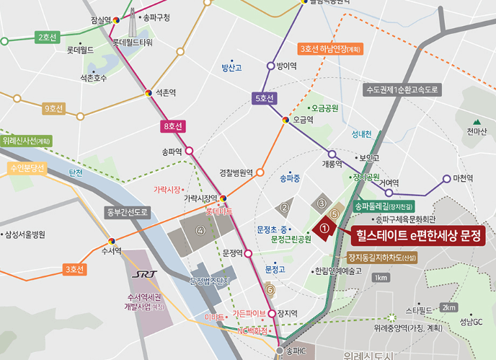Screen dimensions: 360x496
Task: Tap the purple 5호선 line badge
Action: (265, 97)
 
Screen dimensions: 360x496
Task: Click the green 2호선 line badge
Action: (49, 37)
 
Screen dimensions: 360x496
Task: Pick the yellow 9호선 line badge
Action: (54, 109)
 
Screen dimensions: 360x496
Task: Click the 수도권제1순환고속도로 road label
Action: (402, 89)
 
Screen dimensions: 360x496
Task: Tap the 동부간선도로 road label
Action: (127, 212)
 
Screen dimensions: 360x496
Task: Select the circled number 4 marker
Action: (201, 231)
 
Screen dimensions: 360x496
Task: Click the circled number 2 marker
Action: (285, 208)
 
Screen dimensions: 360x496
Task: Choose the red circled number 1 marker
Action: (324, 229)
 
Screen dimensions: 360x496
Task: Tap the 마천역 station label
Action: (461, 178)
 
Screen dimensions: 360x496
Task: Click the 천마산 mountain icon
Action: (476, 123)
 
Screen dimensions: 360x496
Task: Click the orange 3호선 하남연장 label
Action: (329, 49)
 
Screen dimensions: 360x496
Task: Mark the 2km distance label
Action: (450, 307)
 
